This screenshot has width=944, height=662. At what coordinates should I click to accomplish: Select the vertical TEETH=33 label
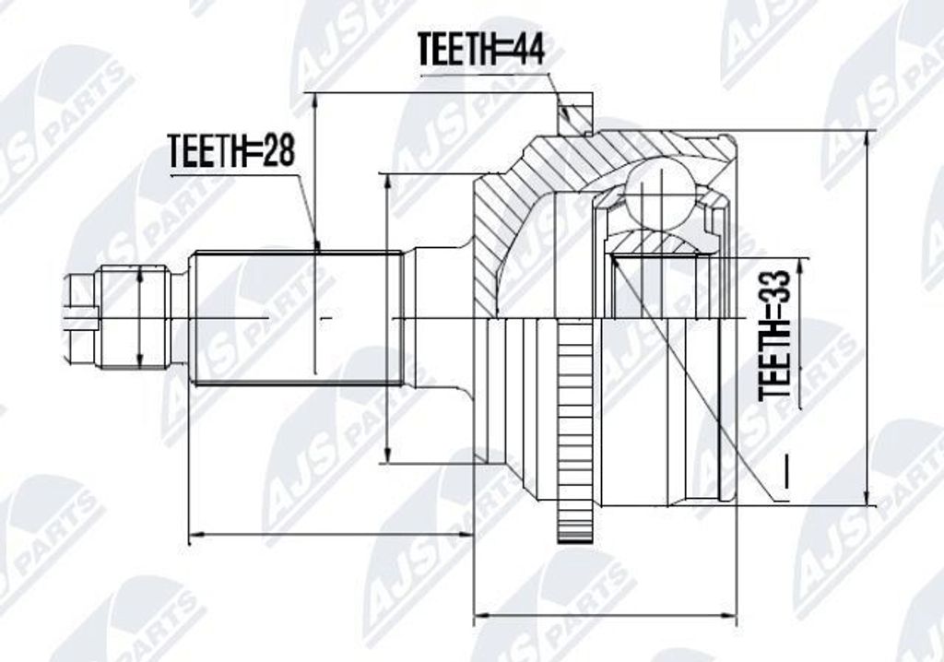[x=774, y=337]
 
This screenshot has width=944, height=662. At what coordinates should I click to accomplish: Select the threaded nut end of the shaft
[x=134, y=317]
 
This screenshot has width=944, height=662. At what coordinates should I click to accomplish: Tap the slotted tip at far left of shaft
[x=80, y=317]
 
